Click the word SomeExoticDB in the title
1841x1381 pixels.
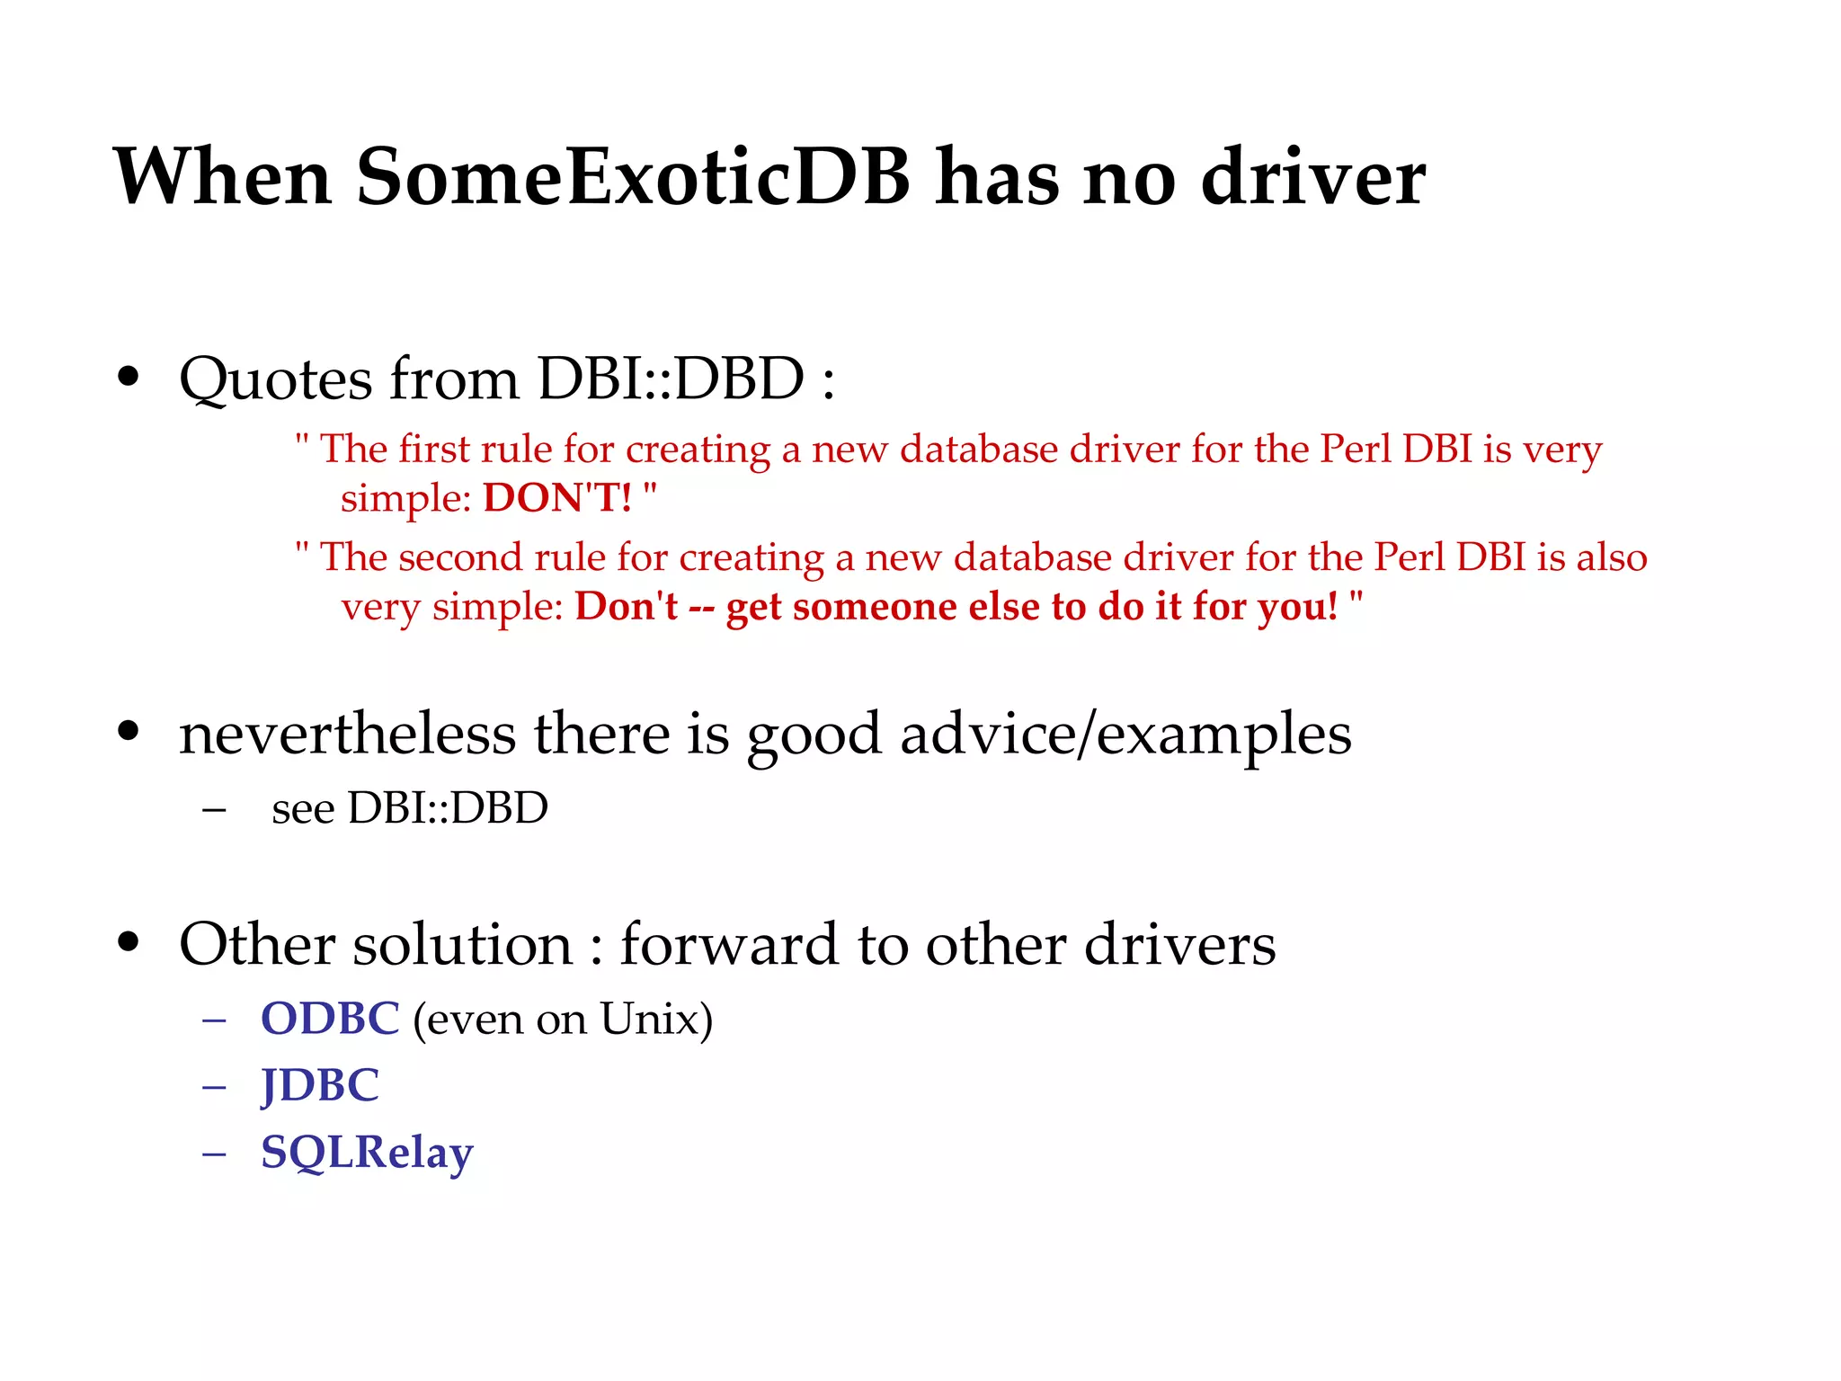(633, 177)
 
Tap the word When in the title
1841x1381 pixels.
(223, 177)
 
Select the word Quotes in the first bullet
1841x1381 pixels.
(275, 379)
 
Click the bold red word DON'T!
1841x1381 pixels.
(557, 498)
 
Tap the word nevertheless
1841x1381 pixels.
(347, 735)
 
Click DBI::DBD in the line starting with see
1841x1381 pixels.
(448, 808)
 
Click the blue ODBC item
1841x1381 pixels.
(330, 1020)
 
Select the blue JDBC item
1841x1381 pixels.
(320, 1086)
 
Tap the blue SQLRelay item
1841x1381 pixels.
(367, 1154)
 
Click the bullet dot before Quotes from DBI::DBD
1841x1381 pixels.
(129, 378)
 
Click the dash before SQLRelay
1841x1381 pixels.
(214, 1154)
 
